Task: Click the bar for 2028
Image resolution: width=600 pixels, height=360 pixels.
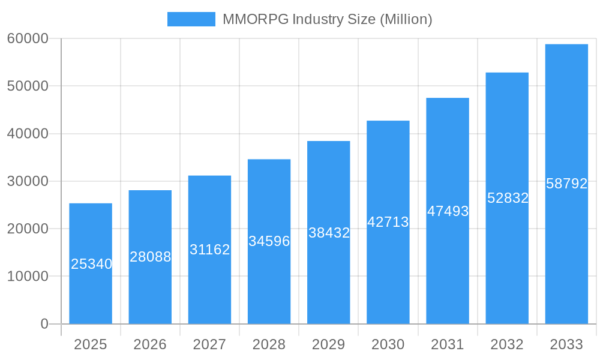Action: point(269,282)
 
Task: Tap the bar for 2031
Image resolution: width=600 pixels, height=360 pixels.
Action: point(448,264)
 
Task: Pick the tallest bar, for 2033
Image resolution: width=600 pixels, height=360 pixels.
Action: point(566,252)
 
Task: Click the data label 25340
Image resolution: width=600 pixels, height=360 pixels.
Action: point(91,264)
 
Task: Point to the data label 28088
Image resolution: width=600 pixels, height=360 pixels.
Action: point(151,257)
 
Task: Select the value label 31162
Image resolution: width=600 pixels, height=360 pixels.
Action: point(209,250)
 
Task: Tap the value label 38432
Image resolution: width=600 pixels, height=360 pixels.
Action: point(329,233)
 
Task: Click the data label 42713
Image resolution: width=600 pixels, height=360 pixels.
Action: point(388,222)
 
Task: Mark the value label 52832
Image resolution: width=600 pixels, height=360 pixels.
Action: point(508,198)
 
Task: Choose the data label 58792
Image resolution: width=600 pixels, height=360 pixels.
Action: point(566,184)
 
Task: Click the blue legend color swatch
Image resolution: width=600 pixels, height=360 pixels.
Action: point(191,19)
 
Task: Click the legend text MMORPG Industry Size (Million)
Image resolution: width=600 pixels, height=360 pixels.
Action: point(328,19)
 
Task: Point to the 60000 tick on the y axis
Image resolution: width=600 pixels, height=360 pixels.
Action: point(28,38)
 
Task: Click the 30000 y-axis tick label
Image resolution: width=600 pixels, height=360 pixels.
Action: point(28,181)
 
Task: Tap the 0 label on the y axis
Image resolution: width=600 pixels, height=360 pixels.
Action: point(44,324)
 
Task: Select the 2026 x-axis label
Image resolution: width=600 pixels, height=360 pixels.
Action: point(150,344)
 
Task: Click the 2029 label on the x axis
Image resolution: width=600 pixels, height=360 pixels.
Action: point(329,344)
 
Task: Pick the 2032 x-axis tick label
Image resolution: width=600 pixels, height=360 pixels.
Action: point(507,344)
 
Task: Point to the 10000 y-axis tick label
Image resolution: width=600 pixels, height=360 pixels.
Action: point(28,277)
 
